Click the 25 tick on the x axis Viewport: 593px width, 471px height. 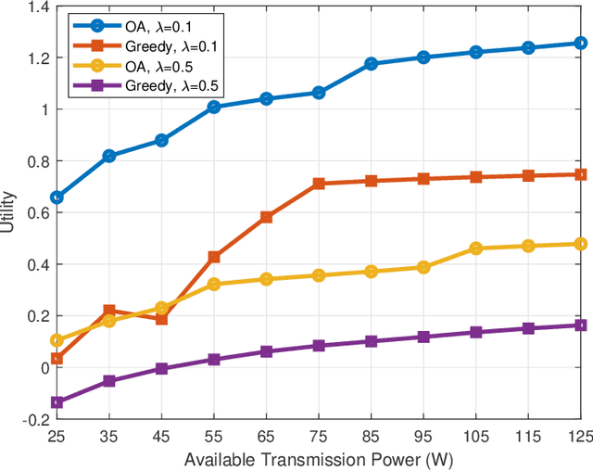coord(57,435)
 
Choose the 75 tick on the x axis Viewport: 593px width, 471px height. coord(319,435)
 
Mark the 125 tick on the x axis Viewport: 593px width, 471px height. coord(578,435)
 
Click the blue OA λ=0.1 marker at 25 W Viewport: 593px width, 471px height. coord(57,197)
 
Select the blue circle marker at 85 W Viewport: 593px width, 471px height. coord(372,64)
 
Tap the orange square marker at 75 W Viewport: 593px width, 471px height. coord(319,184)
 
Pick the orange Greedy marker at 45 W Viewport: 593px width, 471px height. coord(161,319)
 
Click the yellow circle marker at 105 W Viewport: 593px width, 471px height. coord(476,248)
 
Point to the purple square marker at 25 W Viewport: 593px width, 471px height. coord(57,402)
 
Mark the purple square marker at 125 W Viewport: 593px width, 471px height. coord(581,325)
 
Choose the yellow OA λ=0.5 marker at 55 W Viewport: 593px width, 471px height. coord(214,285)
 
